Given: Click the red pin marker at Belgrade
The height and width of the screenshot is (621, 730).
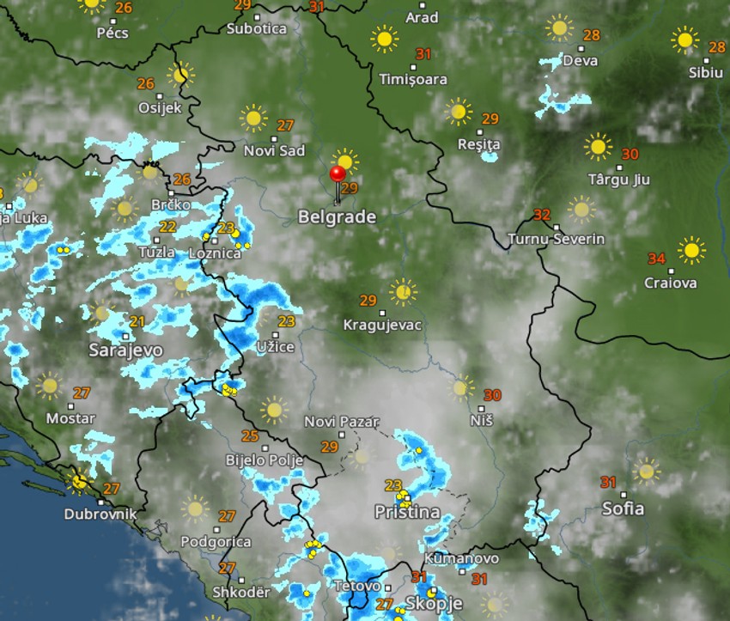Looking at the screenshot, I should [x=338, y=175].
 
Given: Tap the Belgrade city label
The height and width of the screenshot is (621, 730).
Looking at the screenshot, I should [x=337, y=217].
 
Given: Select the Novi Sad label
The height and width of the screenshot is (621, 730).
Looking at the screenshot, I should [x=274, y=151].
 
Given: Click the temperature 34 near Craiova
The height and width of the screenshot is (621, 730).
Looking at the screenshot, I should [x=656, y=259].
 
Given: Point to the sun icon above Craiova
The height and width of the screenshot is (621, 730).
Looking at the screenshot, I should [x=690, y=251].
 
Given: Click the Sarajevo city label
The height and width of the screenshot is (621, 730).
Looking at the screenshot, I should [x=125, y=350].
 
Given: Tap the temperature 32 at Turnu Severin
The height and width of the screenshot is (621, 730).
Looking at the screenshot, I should [x=542, y=214].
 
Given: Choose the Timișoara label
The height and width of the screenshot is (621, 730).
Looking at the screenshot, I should [x=413, y=79].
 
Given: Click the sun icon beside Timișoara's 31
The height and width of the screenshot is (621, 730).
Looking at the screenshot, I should [x=384, y=39].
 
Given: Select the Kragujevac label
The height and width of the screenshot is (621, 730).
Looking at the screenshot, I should [x=382, y=325].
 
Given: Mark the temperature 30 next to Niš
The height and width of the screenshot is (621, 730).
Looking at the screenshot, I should [x=492, y=395].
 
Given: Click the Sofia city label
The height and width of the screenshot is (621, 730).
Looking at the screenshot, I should [x=623, y=508].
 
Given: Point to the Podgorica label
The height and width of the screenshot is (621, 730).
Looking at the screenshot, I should [x=216, y=542].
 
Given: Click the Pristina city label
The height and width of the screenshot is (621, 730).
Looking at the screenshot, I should [x=407, y=512].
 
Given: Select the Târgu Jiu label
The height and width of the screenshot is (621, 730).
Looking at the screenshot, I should [x=618, y=180].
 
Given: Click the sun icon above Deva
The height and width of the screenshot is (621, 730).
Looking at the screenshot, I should [x=559, y=27].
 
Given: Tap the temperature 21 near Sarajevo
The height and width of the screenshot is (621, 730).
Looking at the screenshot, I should [x=137, y=321].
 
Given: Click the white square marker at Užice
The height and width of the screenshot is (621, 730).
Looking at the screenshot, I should [x=276, y=335].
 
